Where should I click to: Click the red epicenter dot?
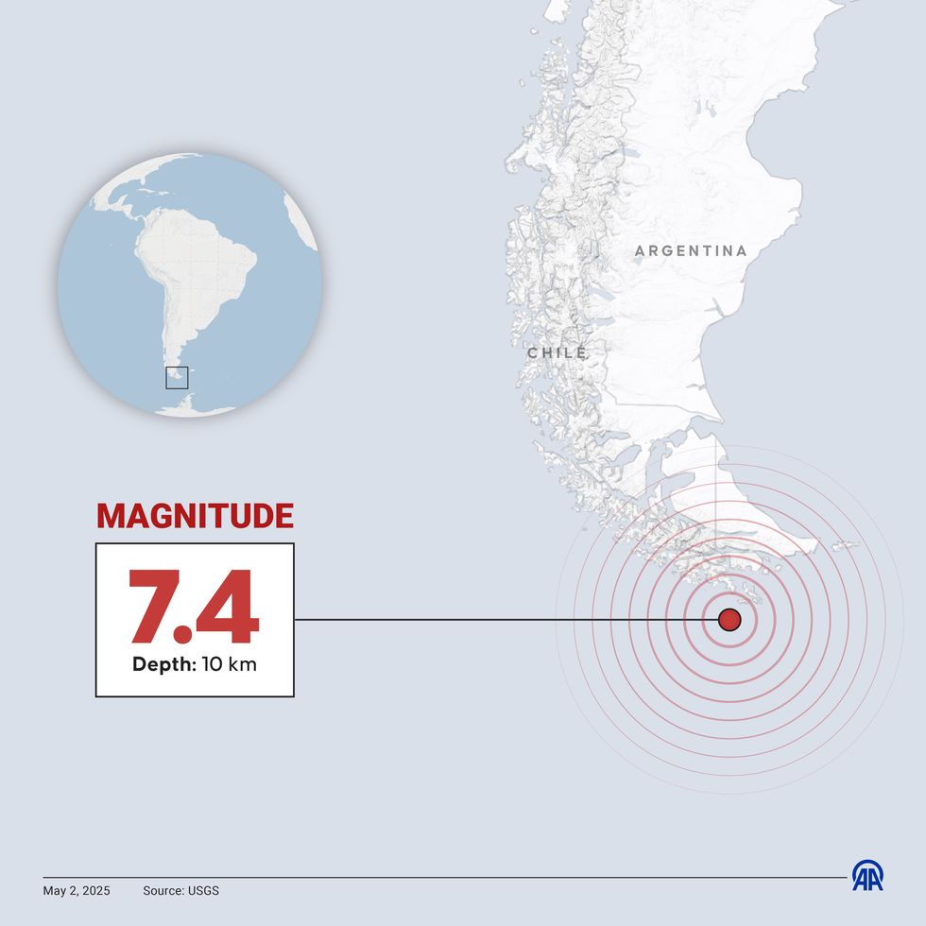[x=729, y=620]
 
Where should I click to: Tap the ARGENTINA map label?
[x=691, y=251]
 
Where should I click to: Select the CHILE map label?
[x=557, y=353]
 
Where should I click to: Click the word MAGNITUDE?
[x=195, y=516]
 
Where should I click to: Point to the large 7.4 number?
[x=194, y=608]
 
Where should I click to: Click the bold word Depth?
[x=163, y=664]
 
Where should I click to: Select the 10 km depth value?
[x=229, y=664]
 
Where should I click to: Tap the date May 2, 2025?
[x=77, y=890]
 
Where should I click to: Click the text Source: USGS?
[x=180, y=890]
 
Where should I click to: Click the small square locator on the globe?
[x=177, y=377]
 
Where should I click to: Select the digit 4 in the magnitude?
[x=227, y=608]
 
